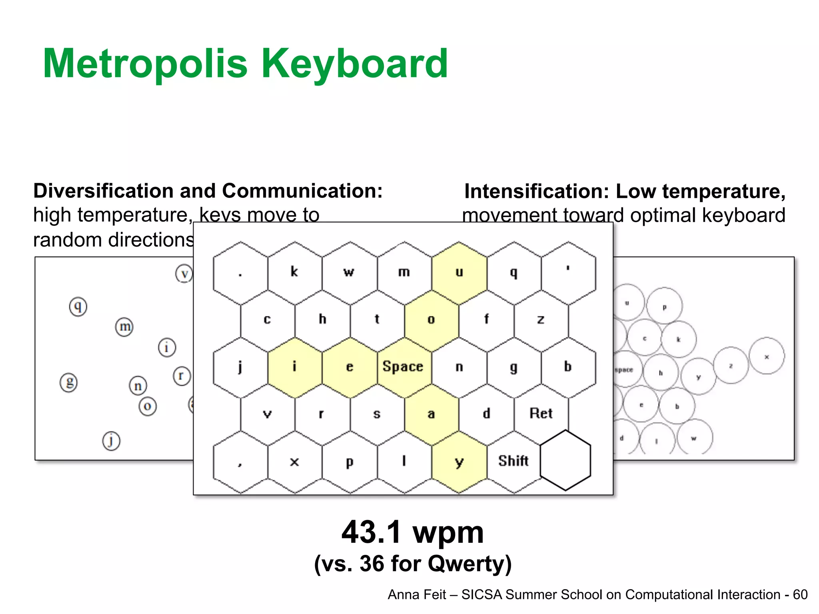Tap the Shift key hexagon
(x=513, y=461)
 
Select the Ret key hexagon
(x=541, y=414)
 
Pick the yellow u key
(x=459, y=273)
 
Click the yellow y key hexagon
(x=459, y=462)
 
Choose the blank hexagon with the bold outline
(x=565, y=460)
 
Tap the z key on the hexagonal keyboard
(x=541, y=319)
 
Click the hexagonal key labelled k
(x=295, y=273)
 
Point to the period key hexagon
(x=240, y=273)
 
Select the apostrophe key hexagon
(x=568, y=273)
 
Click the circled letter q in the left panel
(x=78, y=307)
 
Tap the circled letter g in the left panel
(x=69, y=383)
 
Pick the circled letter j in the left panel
(x=111, y=441)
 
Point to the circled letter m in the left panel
(x=124, y=327)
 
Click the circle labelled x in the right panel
(x=767, y=356)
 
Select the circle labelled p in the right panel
(x=664, y=306)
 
